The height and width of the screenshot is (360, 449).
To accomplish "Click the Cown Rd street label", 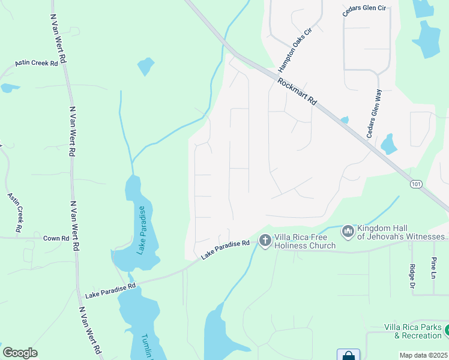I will tap(56, 238).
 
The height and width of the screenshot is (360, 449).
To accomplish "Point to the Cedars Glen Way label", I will tap(375, 113).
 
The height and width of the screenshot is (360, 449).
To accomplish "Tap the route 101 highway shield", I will tap(417, 184).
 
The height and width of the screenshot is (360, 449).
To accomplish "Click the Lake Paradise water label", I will tap(142, 230).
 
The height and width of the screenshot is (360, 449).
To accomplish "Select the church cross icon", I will tap(265, 241).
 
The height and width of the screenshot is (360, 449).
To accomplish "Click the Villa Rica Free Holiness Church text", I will tap(305, 241).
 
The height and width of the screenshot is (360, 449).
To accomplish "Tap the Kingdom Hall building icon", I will tap(348, 232).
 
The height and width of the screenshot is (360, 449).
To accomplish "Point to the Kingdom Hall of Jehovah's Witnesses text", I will tap(402, 232).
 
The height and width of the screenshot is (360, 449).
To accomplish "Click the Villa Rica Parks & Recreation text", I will tap(413, 331).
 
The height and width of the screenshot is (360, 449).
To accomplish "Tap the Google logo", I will tap(20, 353).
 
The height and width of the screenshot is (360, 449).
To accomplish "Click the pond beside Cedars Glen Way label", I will tap(390, 144).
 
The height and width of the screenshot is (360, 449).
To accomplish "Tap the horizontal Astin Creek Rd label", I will tap(37, 63).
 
